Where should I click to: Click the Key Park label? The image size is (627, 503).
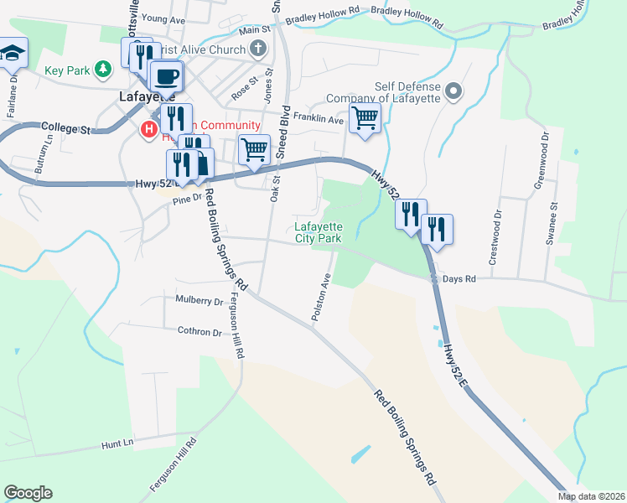pyautogui.click(x=67, y=71)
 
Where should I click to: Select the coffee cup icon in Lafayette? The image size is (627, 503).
pyautogui.click(x=165, y=75)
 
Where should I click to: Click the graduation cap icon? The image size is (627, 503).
pyautogui.click(x=12, y=54)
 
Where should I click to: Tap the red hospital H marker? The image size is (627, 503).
pyautogui.click(x=148, y=130)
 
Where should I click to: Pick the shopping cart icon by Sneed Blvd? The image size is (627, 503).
pyautogui.click(x=254, y=150)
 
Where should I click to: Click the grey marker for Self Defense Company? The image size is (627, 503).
pyautogui.click(x=454, y=91)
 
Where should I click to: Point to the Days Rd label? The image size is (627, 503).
pyautogui.click(x=459, y=278)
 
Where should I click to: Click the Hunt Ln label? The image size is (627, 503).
pyautogui.click(x=117, y=443)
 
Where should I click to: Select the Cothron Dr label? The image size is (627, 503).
pyautogui.click(x=199, y=332)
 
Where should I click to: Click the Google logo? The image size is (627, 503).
pyautogui.click(x=28, y=493)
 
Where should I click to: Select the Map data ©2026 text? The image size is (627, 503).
pyautogui.click(x=591, y=496)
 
